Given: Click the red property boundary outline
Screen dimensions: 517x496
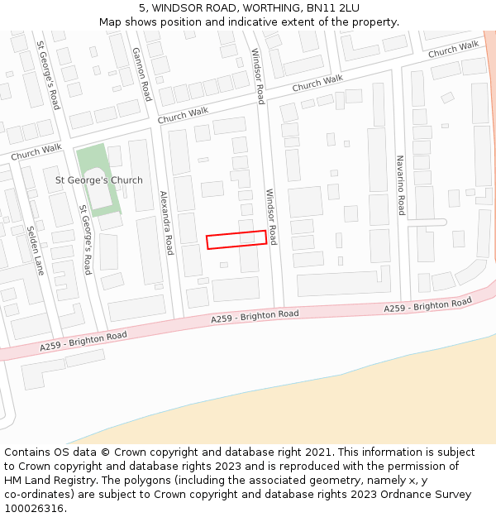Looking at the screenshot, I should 236,239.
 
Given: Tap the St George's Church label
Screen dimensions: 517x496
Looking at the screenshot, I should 98,180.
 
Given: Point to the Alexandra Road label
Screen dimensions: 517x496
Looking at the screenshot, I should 166,222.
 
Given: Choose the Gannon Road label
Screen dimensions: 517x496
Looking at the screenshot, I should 142,73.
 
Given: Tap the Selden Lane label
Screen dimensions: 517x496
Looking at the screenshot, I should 35,251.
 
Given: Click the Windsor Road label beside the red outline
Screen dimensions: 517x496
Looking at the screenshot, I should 270,217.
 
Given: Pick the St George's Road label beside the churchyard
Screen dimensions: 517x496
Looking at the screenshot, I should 84,239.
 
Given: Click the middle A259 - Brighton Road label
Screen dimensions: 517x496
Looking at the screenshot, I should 255,316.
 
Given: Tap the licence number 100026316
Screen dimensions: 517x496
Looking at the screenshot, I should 33,508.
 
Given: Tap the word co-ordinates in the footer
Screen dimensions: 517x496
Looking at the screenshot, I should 36,495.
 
